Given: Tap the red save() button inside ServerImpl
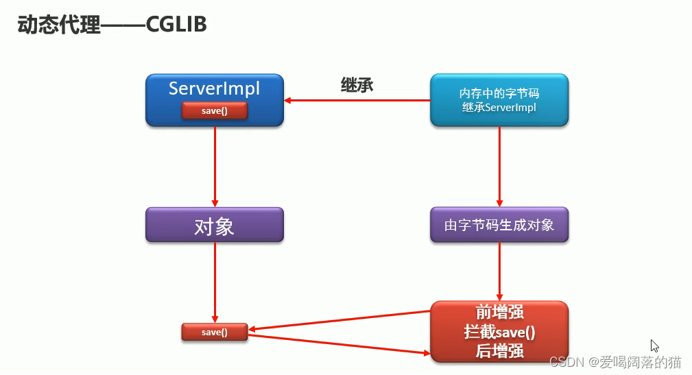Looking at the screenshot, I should point(214,110).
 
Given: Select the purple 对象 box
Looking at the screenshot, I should point(214,226).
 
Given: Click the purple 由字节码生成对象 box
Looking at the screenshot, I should point(499,225).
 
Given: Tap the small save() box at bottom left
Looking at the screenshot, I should point(214,332).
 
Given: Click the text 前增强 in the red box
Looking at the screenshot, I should point(499,312).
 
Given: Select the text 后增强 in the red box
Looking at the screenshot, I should point(499,351).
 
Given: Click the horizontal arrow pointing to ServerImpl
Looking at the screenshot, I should point(357,101).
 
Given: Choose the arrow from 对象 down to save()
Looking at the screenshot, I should point(215,282).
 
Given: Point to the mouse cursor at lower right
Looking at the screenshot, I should point(654,346).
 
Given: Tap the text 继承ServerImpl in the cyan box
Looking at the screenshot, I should point(499,108).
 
